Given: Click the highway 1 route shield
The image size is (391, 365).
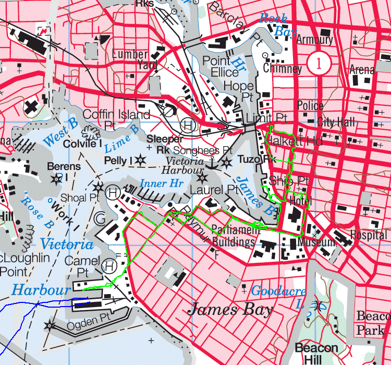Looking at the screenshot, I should click(x=316, y=64).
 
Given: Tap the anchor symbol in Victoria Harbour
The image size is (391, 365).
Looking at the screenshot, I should click(x=212, y=164).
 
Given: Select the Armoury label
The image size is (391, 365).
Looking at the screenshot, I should click(x=314, y=40).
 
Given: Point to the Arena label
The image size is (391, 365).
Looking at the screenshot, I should click(x=362, y=69).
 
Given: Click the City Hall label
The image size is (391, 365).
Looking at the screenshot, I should click(x=336, y=122).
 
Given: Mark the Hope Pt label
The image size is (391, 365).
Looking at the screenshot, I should click(x=238, y=91).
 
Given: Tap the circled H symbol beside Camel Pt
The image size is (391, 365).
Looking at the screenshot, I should click(x=109, y=266).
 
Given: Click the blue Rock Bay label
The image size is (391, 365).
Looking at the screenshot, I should click(x=275, y=25).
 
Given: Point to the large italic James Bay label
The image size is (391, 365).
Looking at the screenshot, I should click(x=230, y=310).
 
